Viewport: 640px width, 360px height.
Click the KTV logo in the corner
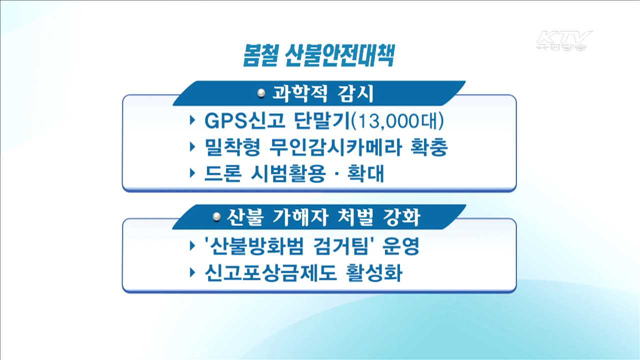[564, 40]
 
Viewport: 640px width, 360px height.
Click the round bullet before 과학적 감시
[260, 93]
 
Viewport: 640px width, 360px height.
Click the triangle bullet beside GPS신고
[193, 121]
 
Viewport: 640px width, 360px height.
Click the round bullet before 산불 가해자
[216, 217]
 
